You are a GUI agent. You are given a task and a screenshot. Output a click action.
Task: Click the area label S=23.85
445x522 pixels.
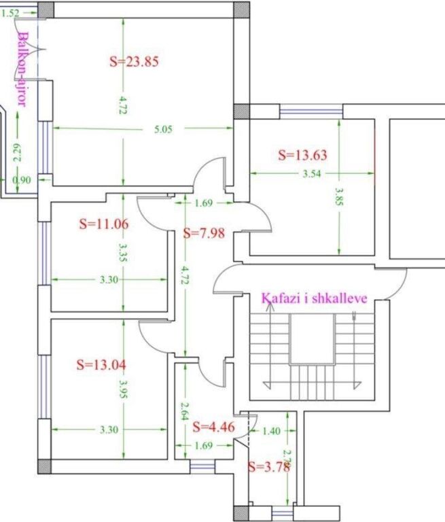pos(134,61)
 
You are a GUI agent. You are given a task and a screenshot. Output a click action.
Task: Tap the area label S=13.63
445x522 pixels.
pos(302,155)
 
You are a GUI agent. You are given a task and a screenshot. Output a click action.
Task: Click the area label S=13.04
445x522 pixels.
pos(101,364)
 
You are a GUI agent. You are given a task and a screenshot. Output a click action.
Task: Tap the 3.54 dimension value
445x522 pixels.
pos(312,174)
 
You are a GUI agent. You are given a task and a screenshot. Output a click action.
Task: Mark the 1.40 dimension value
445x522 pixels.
pos(271,430)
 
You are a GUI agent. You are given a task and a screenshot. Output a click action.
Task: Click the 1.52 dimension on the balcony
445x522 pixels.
pos(12,12)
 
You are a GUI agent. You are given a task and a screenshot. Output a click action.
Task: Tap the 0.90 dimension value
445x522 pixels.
pos(22,179)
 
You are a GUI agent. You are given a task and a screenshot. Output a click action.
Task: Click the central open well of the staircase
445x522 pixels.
pos(312,339)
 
